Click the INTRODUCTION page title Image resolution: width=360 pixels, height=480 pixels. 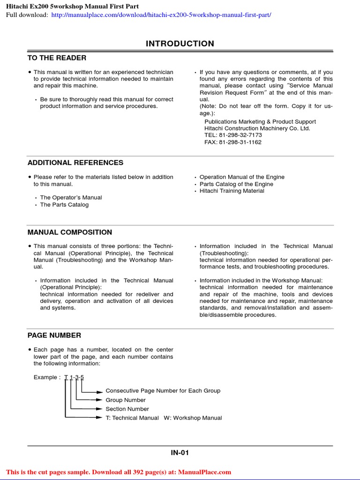pyautogui.click(x=180, y=44)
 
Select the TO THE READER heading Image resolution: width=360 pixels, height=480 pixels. pyautogui.click(x=57, y=58)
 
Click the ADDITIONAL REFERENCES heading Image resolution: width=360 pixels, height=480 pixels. pyautogui.click(x=75, y=163)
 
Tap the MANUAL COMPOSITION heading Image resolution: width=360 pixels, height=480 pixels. pyautogui.click(x=70, y=232)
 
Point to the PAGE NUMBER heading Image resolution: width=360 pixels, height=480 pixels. pyautogui.click(x=54, y=335)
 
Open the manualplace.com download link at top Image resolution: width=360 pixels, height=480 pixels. pyautogui.click(x=161, y=15)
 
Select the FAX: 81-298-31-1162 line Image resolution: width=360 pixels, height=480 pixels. pyautogui.click(x=233, y=142)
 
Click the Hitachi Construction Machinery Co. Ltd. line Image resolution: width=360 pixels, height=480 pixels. pyautogui.click(x=257, y=128)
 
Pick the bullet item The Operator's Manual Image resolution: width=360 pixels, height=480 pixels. pyautogui.click(x=71, y=198)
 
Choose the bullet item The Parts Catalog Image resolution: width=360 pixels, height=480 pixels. pyautogui.click(x=64, y=205)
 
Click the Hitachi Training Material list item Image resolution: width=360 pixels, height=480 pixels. pyautogui.click(x=232, y=191)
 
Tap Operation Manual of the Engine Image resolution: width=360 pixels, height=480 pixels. pyautogui.click(x=242, y=177)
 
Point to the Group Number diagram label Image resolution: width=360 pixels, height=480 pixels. pyautogui.click(x=126, y=400)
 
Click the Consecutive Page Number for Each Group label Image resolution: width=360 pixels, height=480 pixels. pyautogui.click(x=163, y=390)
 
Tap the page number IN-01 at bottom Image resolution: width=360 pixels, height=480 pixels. pyautogui.click(x=180, y=453)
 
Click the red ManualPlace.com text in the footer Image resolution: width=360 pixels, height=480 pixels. pyautogui.click(x=204, y=472)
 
